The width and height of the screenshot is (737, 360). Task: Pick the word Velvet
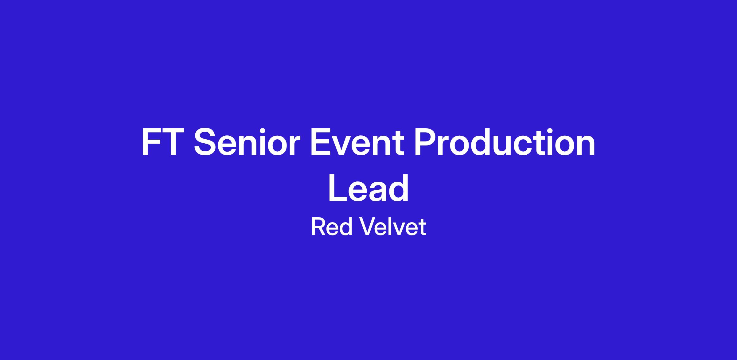click(393, 227)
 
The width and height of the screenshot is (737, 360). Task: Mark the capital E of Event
click(321, 142)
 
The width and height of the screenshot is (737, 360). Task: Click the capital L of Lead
click(338, 188)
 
